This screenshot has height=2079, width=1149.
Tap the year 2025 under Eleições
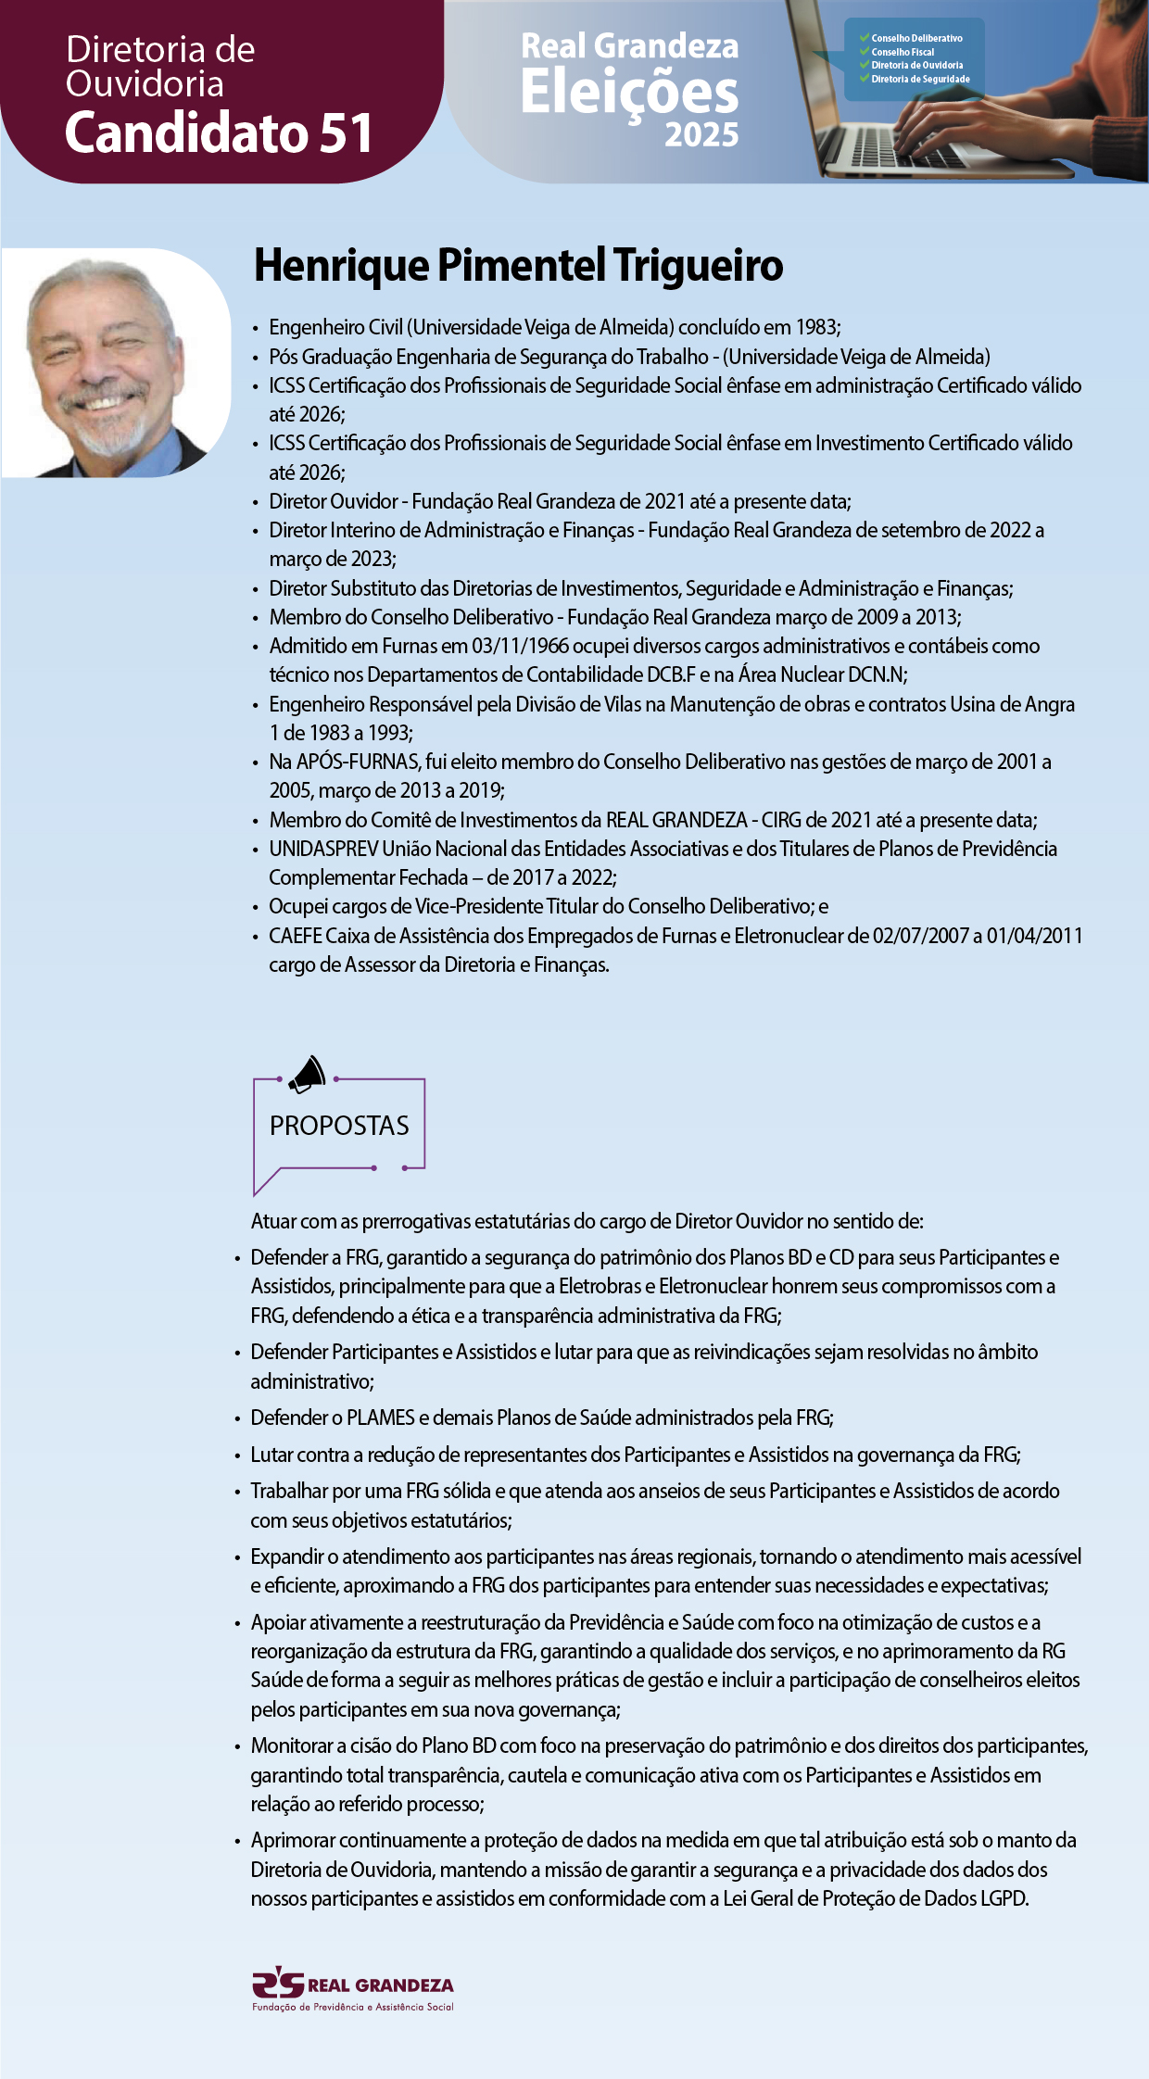point(701,135)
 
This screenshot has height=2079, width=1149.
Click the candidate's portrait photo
point(115,363)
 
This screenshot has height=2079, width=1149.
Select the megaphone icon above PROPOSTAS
point(308,1075)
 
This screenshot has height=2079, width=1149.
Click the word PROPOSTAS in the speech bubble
point(339,1126)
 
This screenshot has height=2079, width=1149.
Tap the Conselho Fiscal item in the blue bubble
point(903,52)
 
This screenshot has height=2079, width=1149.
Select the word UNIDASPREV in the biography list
point(323,849)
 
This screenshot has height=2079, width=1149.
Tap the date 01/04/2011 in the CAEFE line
point(1034,936)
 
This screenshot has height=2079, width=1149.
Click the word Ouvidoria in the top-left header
point(145,84)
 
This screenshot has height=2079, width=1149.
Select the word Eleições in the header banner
point(629,93)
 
